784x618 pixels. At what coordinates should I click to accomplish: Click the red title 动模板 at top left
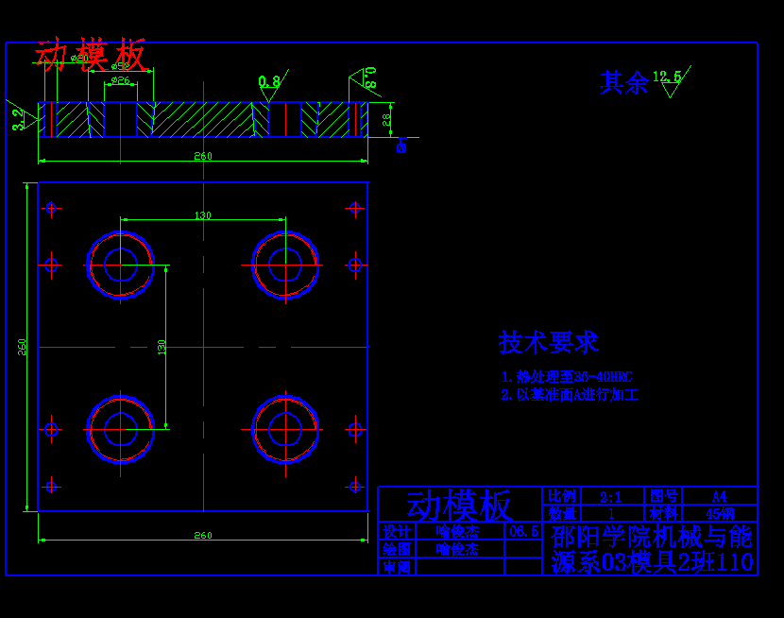click(x=91, y=55)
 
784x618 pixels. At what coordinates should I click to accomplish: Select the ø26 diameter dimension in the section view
click(x=120, y=81)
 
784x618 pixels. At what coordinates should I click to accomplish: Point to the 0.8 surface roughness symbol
click(x=269, y=82)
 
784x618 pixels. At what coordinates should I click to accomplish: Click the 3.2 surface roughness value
click(x=18, y=119)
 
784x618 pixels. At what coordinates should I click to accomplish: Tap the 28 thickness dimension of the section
click(x=386, y=119)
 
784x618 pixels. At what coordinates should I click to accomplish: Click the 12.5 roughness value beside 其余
click(x=667, y=77)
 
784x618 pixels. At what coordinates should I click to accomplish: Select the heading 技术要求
click(x=548, y=342)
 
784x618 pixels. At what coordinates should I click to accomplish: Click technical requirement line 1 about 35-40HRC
click(x=566, y=376)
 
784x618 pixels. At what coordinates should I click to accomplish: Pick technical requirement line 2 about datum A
click(x=570, y=395)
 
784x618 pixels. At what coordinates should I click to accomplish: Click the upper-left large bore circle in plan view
click(x=121, y=265)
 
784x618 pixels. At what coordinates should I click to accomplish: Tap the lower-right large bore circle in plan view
click(x=284, y=429)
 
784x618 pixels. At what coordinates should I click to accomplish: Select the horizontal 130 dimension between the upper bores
click(x=203, y=215)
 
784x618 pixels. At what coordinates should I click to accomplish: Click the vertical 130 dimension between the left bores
click(x=162, y=347)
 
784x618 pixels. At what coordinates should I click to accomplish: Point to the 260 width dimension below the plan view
click(x=203, y=536)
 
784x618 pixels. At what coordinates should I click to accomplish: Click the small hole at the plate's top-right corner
click(x=355, y=208)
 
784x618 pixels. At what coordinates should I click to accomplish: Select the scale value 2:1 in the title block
click(x=610, y=496)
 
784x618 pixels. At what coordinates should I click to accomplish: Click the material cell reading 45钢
click(x=720, y=513)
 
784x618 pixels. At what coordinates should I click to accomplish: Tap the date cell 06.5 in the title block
click(x=523, y=532)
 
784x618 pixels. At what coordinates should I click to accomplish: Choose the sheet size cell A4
click(x=719, y=496)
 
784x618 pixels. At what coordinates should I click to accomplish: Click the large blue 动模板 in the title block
click(x=460, y=506)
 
